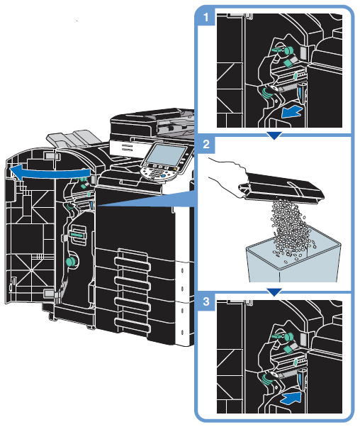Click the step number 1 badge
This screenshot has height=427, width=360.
point(206,17)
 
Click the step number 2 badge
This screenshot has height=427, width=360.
point(206,144)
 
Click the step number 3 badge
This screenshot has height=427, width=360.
point(206,301)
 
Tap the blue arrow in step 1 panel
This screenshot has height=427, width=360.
point(292,111)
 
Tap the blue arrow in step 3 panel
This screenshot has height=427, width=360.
point(292,399)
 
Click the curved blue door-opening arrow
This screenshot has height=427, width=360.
point(49,172)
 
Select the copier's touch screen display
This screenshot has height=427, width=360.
point(166,154)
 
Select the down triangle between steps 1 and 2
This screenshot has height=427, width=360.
point(274,135)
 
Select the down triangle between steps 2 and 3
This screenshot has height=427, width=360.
point(274,292)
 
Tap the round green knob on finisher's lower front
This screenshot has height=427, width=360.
point(70,262)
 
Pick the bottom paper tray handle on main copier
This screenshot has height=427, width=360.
point(133,324)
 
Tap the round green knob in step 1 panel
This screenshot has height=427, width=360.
point(288,50)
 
